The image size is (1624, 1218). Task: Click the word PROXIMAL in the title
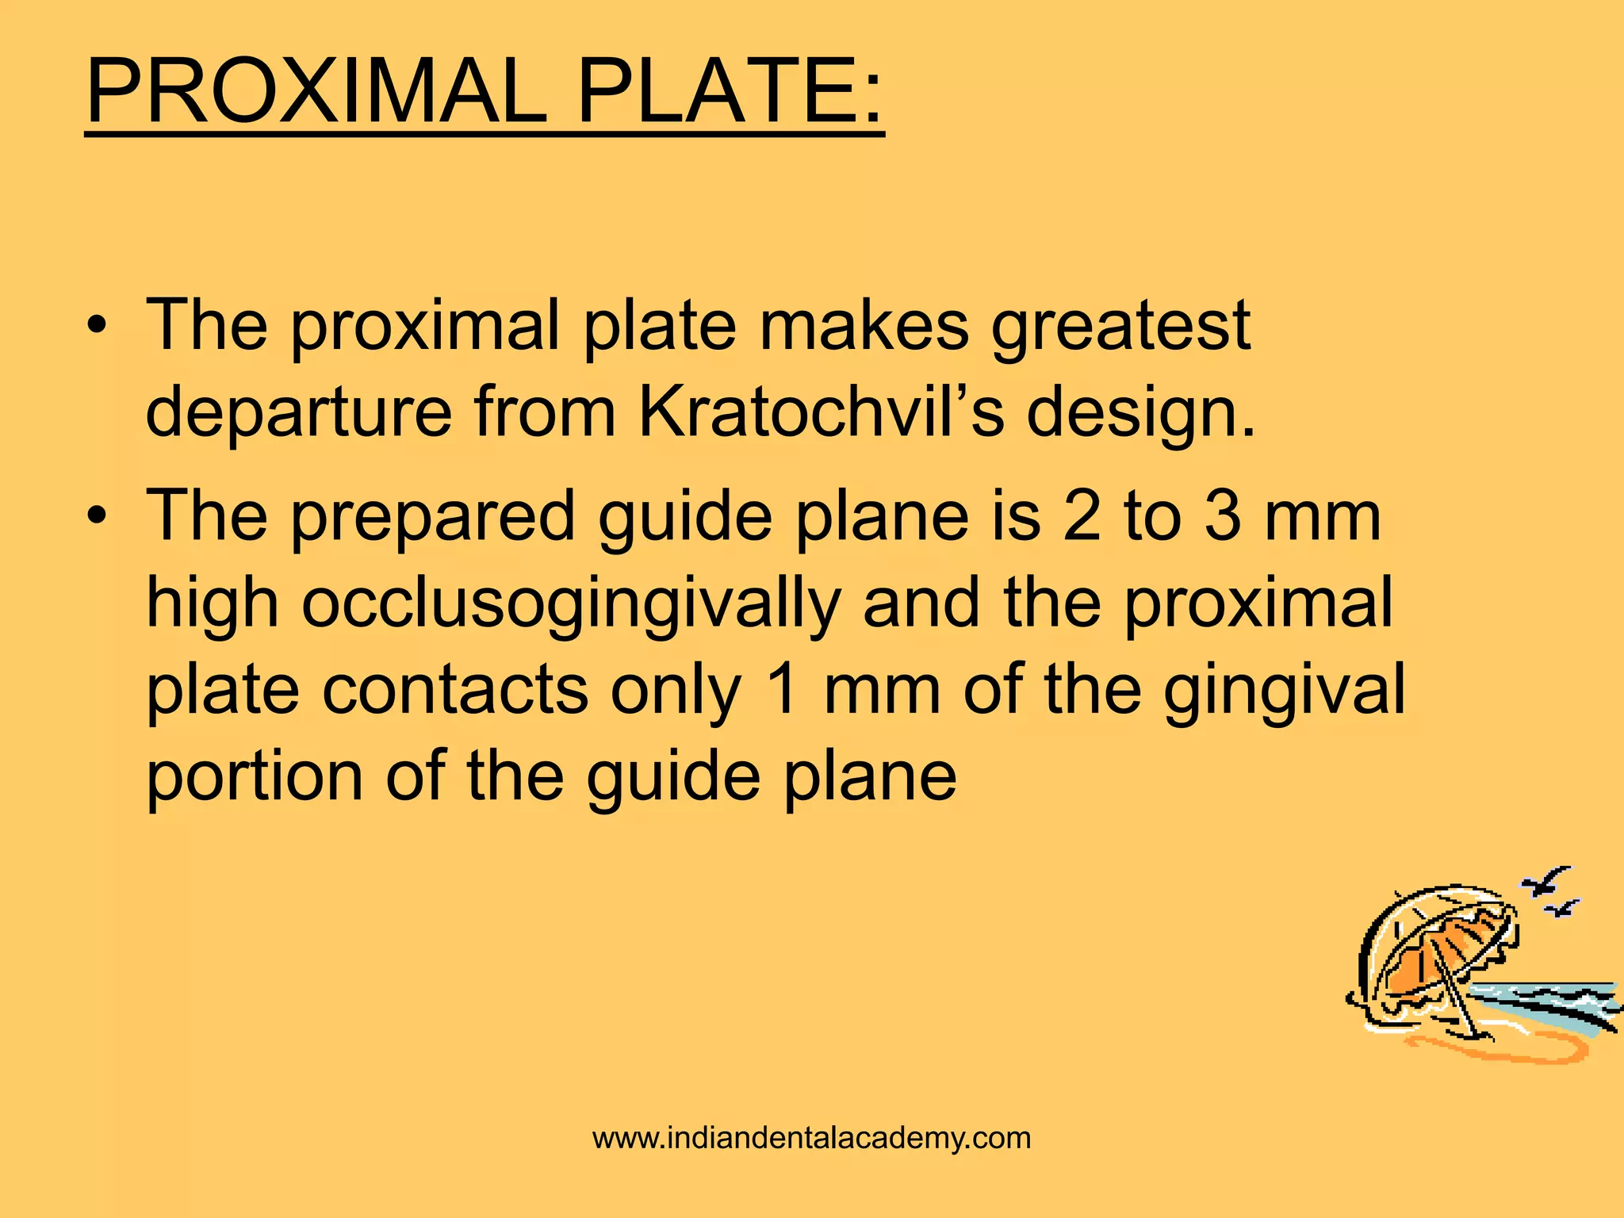[x=316, y=92]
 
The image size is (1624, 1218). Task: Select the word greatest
[x=1120, y=327]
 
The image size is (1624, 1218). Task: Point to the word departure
[x=299, y=412]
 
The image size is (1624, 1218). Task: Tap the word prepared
[x=433, y=517]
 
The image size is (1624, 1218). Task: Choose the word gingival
[x=1284, y=690]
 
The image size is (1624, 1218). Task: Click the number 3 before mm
[x=1223, y=517]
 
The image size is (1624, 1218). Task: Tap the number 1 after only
[x=783, y=688]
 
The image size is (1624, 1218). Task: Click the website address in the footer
[x=811, y=1138]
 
